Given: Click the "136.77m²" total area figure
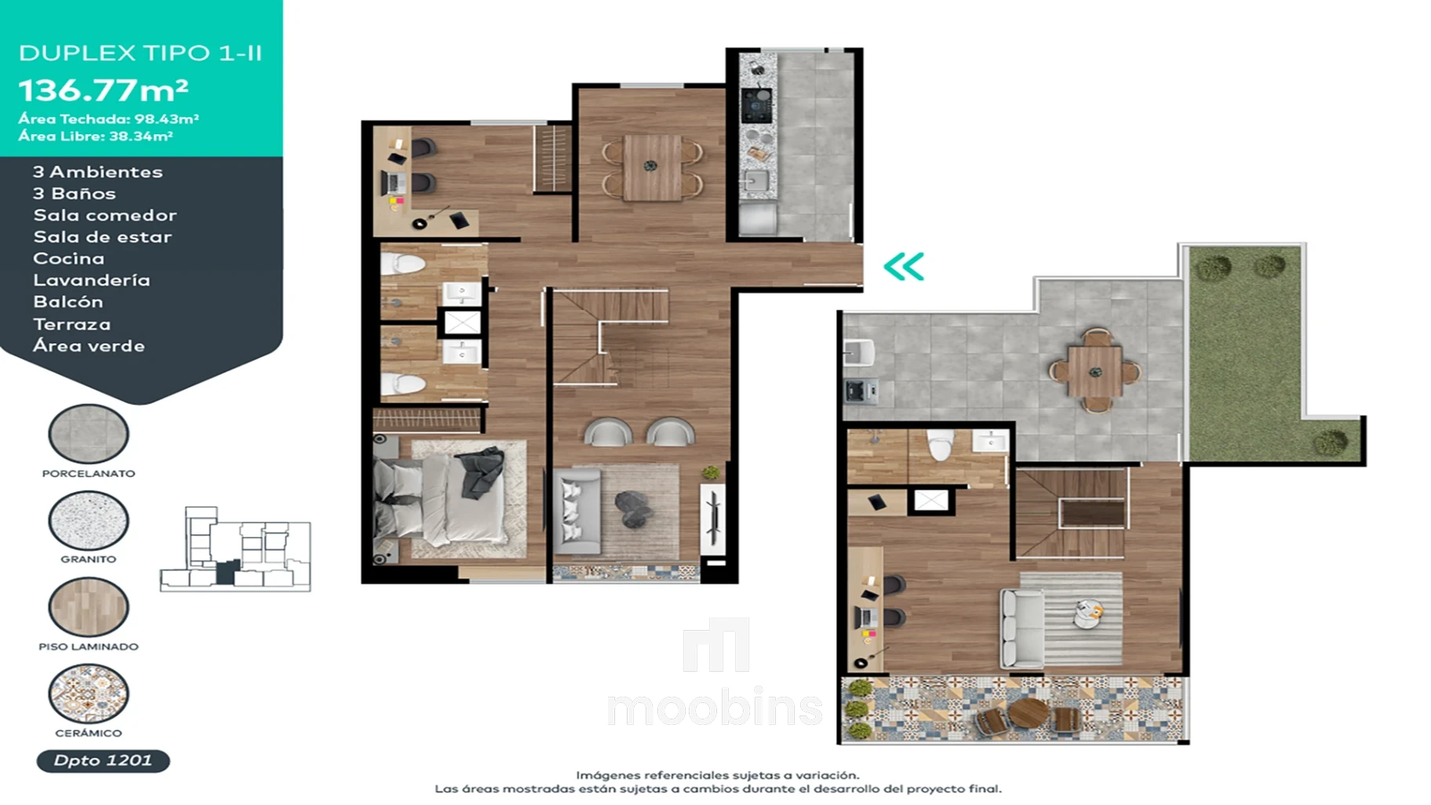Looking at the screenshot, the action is (x=104, y=90).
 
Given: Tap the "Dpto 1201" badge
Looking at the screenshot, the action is (x=103, y=760).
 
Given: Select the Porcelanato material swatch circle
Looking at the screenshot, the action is (x=89, y=434).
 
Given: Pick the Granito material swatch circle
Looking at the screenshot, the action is (x=89, y=520).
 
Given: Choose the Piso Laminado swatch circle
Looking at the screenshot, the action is (x=89, y=606).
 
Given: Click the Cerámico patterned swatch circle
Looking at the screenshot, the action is (x=89, y=694).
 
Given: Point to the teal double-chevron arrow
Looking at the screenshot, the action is (x=904, y=267).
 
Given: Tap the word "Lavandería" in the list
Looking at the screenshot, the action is (x=92, y=280).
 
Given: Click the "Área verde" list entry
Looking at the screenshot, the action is (x=89, y=346).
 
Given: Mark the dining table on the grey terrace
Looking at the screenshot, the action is (x=1094, y=371).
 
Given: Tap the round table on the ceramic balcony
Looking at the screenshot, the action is (x=1028, y=715).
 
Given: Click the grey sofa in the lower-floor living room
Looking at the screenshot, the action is (x=577, y=511).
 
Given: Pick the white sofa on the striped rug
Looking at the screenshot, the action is (x=1021, y=628).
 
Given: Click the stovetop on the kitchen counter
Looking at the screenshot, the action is (x=756, y=106).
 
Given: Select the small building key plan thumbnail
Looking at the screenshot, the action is (x=235, y=549).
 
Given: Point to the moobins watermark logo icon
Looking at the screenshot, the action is (x=715, y=645).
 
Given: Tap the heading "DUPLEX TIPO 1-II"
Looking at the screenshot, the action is (x=140, y=53).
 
